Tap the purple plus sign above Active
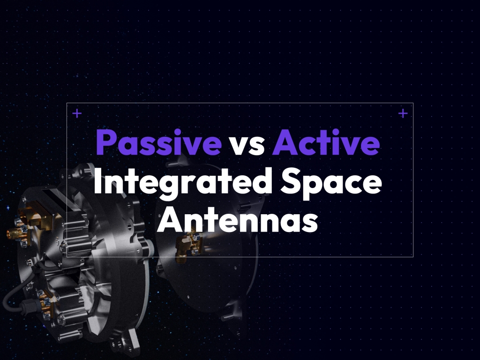(x=403, y=113)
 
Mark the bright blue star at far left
(x=7, y=208)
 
